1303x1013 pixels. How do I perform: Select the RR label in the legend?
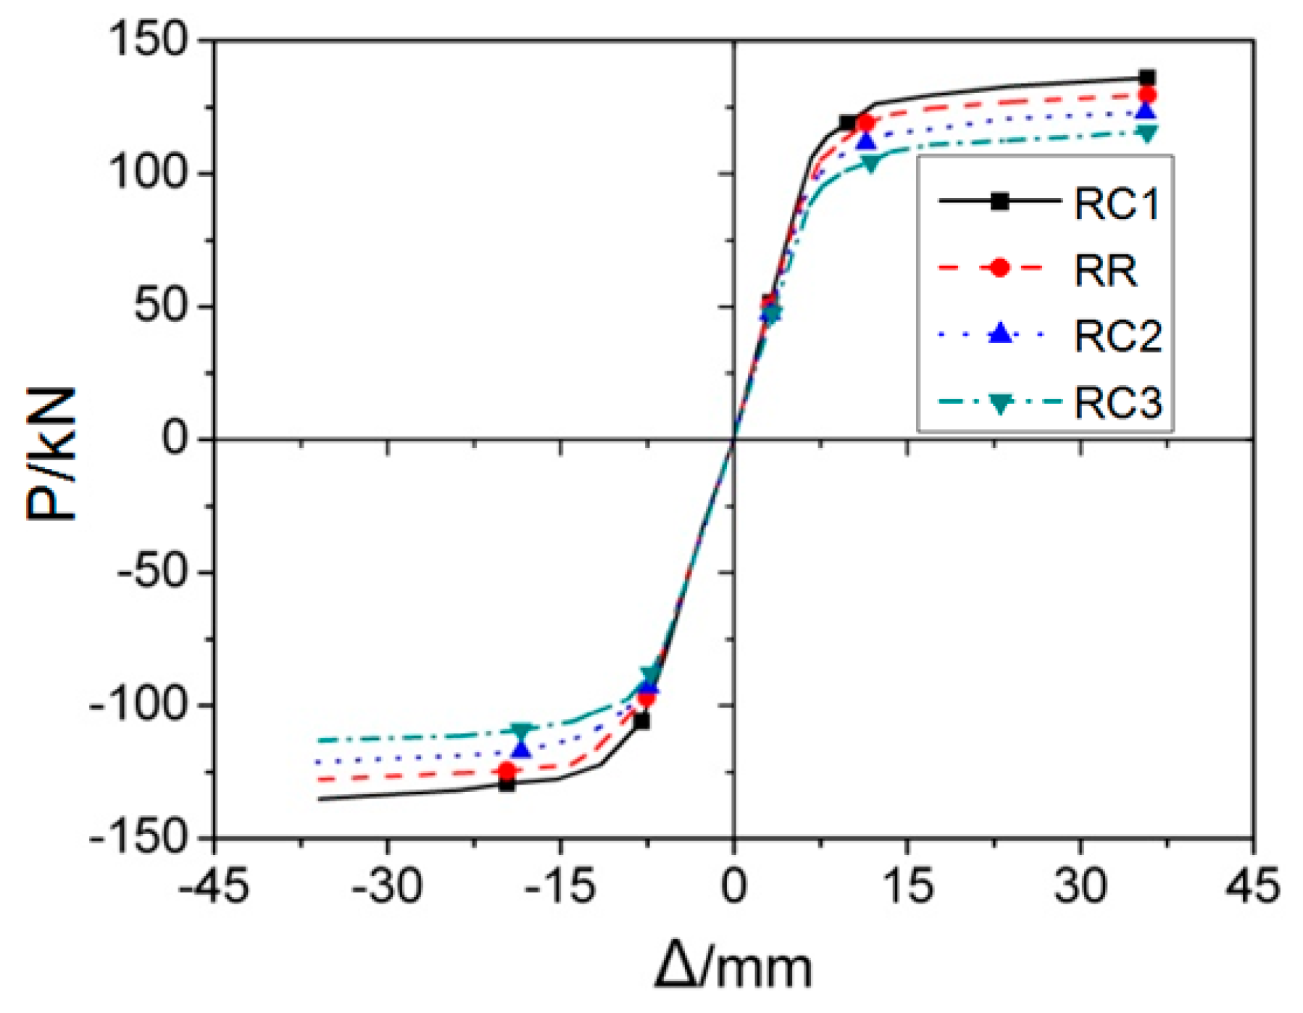coord(1105,270)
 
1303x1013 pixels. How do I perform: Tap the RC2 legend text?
coord(1117,336)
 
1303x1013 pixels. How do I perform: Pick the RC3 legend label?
coord(1117,402)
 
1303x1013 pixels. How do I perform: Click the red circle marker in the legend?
coord(999,268)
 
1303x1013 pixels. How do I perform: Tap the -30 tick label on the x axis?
coord(387,886)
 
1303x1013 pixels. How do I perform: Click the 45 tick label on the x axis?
coord(1253,886)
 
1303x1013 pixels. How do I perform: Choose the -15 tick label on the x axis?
coord(559,886)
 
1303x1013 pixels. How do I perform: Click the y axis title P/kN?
coord(51,453)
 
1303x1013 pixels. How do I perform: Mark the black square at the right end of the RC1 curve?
coord(1147,78)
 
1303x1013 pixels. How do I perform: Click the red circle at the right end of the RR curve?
coord(1147,95)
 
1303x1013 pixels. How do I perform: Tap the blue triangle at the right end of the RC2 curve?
coord(1147,111)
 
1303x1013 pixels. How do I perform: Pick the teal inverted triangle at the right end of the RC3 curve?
coord(1147,133)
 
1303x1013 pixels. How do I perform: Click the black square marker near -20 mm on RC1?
coord(507,783)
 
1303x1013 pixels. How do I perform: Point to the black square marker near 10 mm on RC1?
coord(848,123)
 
